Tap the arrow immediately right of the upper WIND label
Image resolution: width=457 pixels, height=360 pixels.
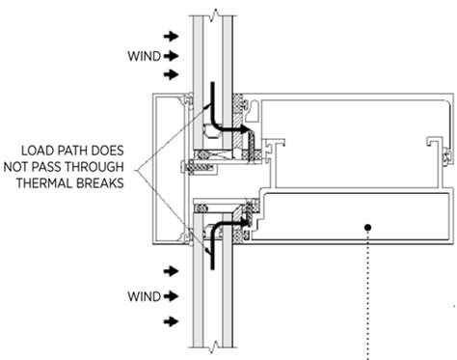pyautogui.click(x=172, y=56)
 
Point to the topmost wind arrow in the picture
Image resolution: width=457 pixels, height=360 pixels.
pyautogui.click(x=172, y=36)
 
